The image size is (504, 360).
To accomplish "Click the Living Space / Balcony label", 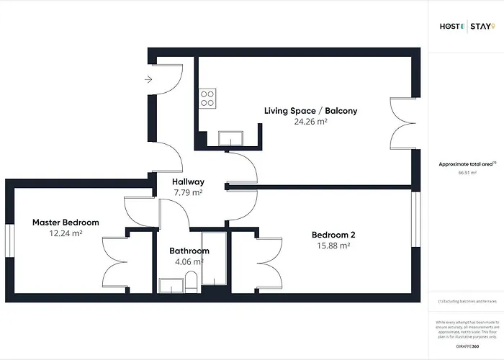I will coord(310,111).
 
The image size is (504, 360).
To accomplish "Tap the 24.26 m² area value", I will coord(310,122).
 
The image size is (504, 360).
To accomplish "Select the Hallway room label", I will coord(188,182).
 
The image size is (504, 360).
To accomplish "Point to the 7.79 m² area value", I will coord(187,193).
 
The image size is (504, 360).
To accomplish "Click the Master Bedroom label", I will coord(66,222).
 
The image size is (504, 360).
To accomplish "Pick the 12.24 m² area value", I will coord(66,233).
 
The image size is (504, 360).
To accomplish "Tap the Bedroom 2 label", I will coord(333,235).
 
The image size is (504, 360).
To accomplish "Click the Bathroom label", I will coord(189,251).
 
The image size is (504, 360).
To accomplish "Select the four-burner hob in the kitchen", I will coord(208,98).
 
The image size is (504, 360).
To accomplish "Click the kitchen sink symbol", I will coord(232,138).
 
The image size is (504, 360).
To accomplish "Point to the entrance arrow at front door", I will coord(148,79).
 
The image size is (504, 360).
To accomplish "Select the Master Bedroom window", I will coord(9,240).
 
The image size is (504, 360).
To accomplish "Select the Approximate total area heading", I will coord(467,164).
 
